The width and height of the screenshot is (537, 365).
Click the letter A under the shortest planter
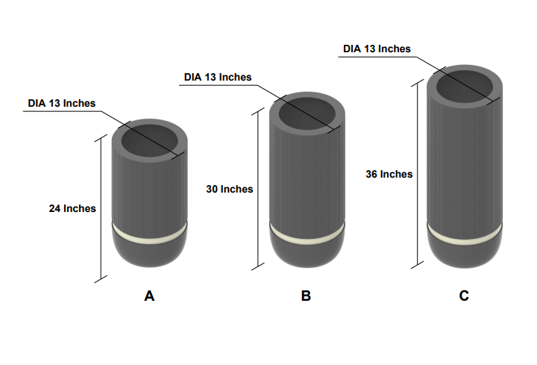coord(149,296)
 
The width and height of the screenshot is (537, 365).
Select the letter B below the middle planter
coord(306,296)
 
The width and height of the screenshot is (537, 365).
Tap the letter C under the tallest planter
coord(464,296)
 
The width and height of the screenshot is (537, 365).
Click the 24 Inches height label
coord(72,209)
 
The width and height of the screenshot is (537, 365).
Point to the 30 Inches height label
coord(230,190)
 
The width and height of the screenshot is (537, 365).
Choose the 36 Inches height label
coord(389,174)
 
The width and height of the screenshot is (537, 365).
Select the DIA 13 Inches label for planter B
coord(218,77)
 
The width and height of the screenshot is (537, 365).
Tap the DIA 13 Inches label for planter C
coord(377,49)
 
